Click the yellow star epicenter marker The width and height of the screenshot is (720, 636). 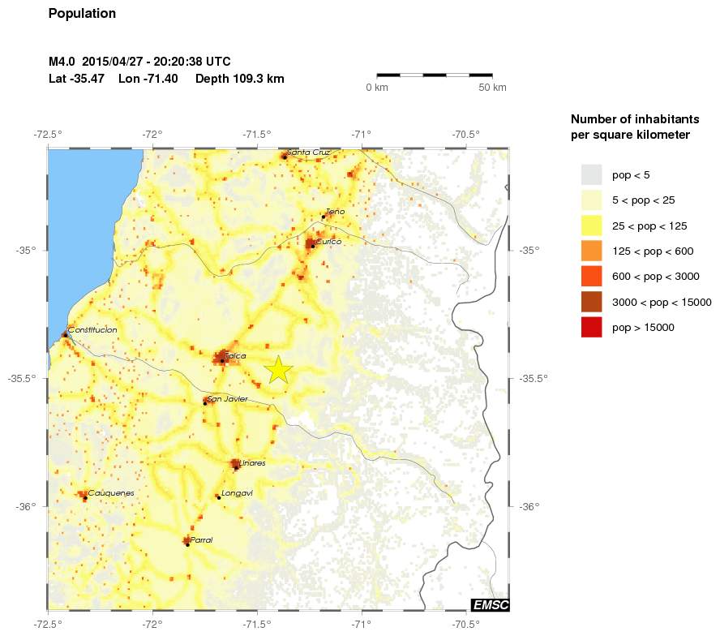pyautogui.click(x=278, y=369)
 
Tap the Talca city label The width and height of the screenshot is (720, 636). pyautogui.click(x=236, y=356)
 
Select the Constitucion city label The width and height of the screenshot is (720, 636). pyautogui.click(x=93, y=330)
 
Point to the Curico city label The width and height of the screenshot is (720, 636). pyautogui.click(x=329, y=242)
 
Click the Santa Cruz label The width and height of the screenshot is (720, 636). pyautogui.click(x=309, y=152)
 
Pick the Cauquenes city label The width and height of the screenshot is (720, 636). pyautogui.click(x=111, y=493)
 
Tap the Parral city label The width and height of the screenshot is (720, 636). pyautogui.click(x=201, y=539)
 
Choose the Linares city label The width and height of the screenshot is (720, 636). pyautogui.click(x=252, y=463)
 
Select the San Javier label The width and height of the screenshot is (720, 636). pyautogui.click(x=227, y=399)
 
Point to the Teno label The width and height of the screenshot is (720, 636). pyautogui.click(x=335, y=212)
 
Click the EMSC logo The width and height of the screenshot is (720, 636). pyautogui.click(x=490, y=604)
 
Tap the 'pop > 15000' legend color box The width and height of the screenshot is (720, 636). pyautogui.click(x=591, y=328)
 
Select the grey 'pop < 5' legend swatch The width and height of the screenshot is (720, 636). pyautogui.click(x=591, y=174)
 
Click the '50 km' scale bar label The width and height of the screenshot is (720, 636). pyautogui.click(x=492, y=87)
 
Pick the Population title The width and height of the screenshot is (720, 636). pyautogui.click(x=82, y=14)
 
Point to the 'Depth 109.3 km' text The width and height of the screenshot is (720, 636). pyautogui.click(x=239, y=79)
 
